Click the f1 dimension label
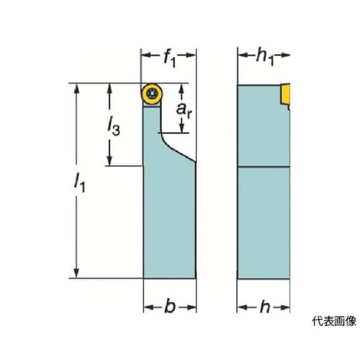(169, 58)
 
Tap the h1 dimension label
(265, 57)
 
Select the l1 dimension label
(79, 183)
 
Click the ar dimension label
(184, 110)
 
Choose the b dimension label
(170, 306)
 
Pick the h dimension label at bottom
(265, 306)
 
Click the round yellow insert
(152, 94)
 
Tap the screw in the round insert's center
(152, 94)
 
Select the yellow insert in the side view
(285, 94)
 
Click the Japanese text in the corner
(334, 321)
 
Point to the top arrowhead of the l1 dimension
(76, 89)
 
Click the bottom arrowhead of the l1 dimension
(76, 273)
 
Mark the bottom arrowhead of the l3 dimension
(109, 161)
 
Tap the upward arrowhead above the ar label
(181, 89)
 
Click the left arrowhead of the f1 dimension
(146, 55)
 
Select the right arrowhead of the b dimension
(192, 307)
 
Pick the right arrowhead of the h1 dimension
(285, 55)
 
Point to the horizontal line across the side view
(264, 166)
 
